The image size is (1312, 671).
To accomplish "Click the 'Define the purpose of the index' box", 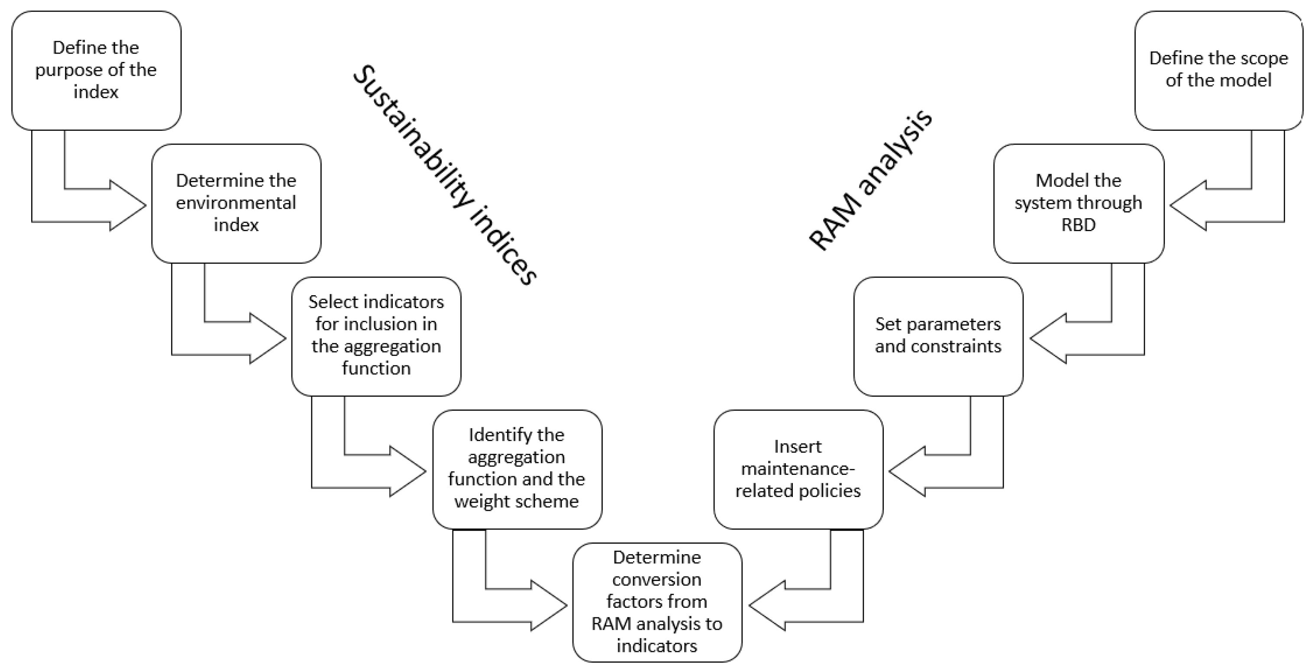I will coord(96,70).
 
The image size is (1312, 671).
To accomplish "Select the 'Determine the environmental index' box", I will coord(236,203).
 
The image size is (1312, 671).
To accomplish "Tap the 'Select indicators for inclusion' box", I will coord(376,336).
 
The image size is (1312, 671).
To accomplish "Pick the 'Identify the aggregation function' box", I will coord(517,469).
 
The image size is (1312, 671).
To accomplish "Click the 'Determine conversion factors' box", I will coord(656,602).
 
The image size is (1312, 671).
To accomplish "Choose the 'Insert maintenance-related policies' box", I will coord(798,469).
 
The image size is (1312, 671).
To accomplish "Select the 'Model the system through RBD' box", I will coord(1078,203).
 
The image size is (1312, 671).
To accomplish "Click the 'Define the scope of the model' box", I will coord(1218,70).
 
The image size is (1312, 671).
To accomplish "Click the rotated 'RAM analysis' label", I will coord(870,180).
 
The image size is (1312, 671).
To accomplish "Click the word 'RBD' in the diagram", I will coord(1078,225).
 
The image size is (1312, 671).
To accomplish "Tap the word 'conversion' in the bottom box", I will coord(656,579).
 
